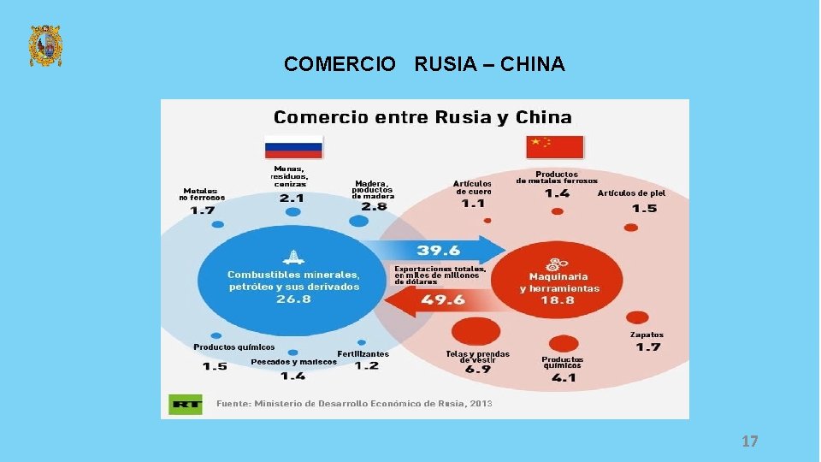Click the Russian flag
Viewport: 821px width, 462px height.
(x=293, y=146)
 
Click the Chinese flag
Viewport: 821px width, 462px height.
(x=555, y=146)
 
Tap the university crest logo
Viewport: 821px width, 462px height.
(x=45, y=45)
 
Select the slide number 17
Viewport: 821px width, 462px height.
(x=749, y=441)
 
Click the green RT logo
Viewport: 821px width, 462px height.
(x=186, y=404)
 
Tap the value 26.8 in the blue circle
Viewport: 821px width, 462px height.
(x=293, y=299)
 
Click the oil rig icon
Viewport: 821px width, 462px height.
(x=293, y=256)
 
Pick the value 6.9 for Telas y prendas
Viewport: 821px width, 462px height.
(x=477, y=370)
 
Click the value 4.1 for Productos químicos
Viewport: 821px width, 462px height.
(x=563, y=377)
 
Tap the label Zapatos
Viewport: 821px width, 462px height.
(x=647, y=335)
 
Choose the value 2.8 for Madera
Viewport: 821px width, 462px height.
(x=373, y=206)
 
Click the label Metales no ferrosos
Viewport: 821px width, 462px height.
(x=202, y=194)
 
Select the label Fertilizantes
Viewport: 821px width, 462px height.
(x=363, y=353)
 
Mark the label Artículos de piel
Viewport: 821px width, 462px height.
(x=631, y=193)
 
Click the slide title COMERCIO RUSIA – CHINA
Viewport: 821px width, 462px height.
(x=424, y=64)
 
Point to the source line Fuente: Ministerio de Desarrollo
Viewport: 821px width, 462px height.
(x=354, y=403)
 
